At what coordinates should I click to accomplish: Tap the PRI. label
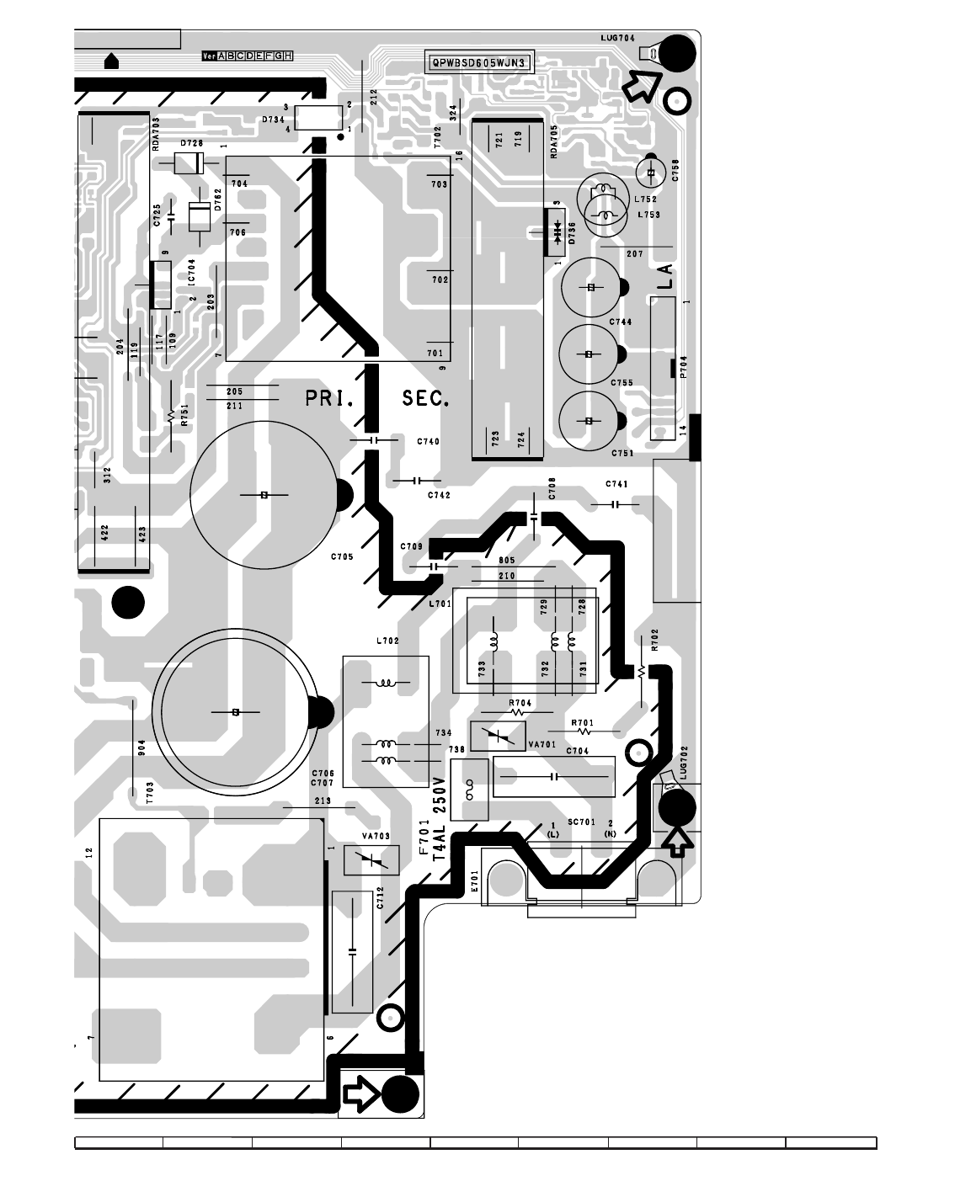pos(329,398)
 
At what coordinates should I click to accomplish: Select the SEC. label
pos(426,398)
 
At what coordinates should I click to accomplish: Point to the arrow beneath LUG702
pos(678,840)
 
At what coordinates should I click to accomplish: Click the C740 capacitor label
pos(428,441)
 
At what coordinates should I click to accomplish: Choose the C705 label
pos(342,556)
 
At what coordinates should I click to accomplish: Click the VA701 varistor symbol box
pos(498,737)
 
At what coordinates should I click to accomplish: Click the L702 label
pos(387,641)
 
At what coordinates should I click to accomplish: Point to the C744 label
pos(621,322)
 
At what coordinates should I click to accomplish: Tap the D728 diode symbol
pos(189,164)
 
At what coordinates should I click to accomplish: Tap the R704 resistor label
pos(520,702)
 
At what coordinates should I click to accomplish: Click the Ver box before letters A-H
pos(209,56)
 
